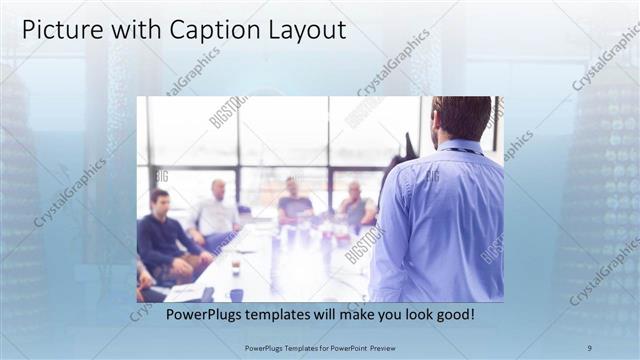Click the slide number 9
[x=589, y=347]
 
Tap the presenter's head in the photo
[x=461, y=117]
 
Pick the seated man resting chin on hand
[x=354, y=204]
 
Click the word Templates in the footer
[x=296, y=347]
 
